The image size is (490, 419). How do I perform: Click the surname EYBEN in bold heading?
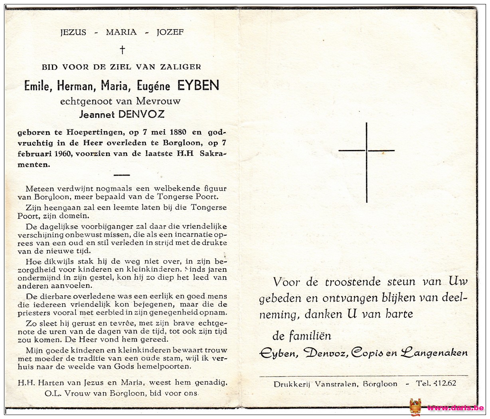(198, 85)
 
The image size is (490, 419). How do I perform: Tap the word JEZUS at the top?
(73, 32)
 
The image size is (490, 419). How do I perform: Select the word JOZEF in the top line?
(170, 32)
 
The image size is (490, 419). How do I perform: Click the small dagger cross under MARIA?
(122, 49)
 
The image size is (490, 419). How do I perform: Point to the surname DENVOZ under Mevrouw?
(141, 115)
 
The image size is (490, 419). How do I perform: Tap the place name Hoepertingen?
(90, 132)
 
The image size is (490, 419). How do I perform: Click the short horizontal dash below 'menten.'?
(122, 175)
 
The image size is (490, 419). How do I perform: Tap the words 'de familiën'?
(302, 336)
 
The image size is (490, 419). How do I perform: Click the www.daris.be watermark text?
(455, 408)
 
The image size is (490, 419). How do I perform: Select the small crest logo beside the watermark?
(415, 407)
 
